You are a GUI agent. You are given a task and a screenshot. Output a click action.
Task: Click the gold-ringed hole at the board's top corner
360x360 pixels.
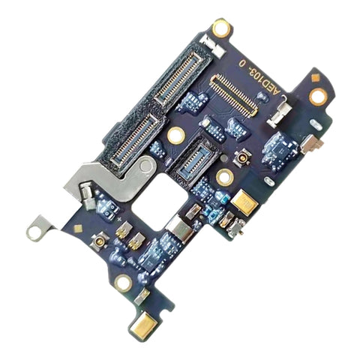click(x=220, y=28)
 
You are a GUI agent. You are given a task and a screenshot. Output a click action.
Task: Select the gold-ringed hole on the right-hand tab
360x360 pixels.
click(x=318, y=96)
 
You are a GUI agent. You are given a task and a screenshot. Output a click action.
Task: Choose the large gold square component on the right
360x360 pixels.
click(x=244, y=200)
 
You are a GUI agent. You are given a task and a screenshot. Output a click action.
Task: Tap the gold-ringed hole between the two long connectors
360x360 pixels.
click(x=176, y=135)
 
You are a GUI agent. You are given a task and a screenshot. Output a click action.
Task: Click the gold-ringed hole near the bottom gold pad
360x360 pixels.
click(x=123, y=282)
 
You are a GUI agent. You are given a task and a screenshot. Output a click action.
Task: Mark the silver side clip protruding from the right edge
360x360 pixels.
click(x=316, y=142)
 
